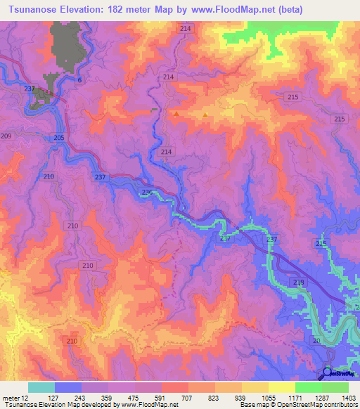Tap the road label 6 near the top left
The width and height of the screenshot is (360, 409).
79,80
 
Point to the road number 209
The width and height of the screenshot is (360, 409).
6,136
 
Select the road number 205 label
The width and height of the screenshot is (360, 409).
59,138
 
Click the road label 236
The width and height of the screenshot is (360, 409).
147,193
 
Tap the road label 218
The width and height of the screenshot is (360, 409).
298,281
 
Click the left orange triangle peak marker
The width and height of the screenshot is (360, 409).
176,112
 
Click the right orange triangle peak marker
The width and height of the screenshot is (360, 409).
205,115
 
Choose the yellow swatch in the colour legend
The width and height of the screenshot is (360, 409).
281,387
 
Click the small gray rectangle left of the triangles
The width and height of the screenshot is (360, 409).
155,110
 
